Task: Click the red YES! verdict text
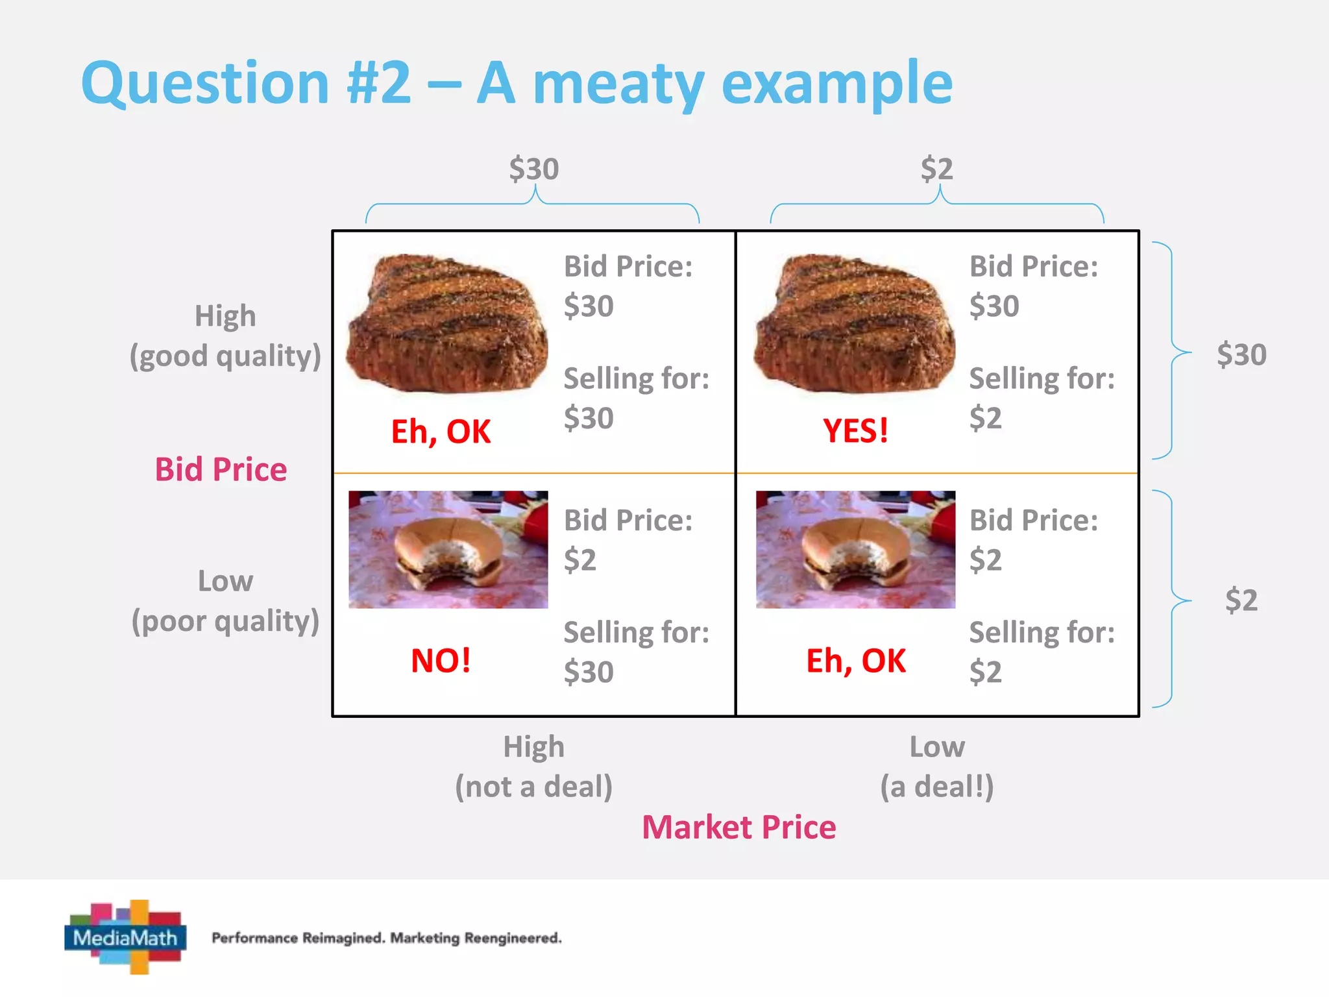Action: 855,431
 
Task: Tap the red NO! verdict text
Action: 441,661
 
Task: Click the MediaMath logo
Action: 126,937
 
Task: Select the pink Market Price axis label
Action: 738,828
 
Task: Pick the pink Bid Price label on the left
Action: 221,469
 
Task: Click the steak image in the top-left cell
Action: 447,323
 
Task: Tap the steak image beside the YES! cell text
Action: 855,323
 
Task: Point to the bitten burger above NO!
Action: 448,549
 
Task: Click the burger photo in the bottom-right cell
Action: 855,549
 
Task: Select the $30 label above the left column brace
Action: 533,169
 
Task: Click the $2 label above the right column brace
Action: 936,169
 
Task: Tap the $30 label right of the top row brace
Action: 1241,355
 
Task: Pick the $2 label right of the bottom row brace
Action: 1241,600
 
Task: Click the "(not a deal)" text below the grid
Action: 533,787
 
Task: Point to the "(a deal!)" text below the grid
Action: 936,787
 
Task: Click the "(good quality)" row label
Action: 225,356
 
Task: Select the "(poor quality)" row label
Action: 225,621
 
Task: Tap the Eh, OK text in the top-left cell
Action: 441,432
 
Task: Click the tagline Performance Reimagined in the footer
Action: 299,938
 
